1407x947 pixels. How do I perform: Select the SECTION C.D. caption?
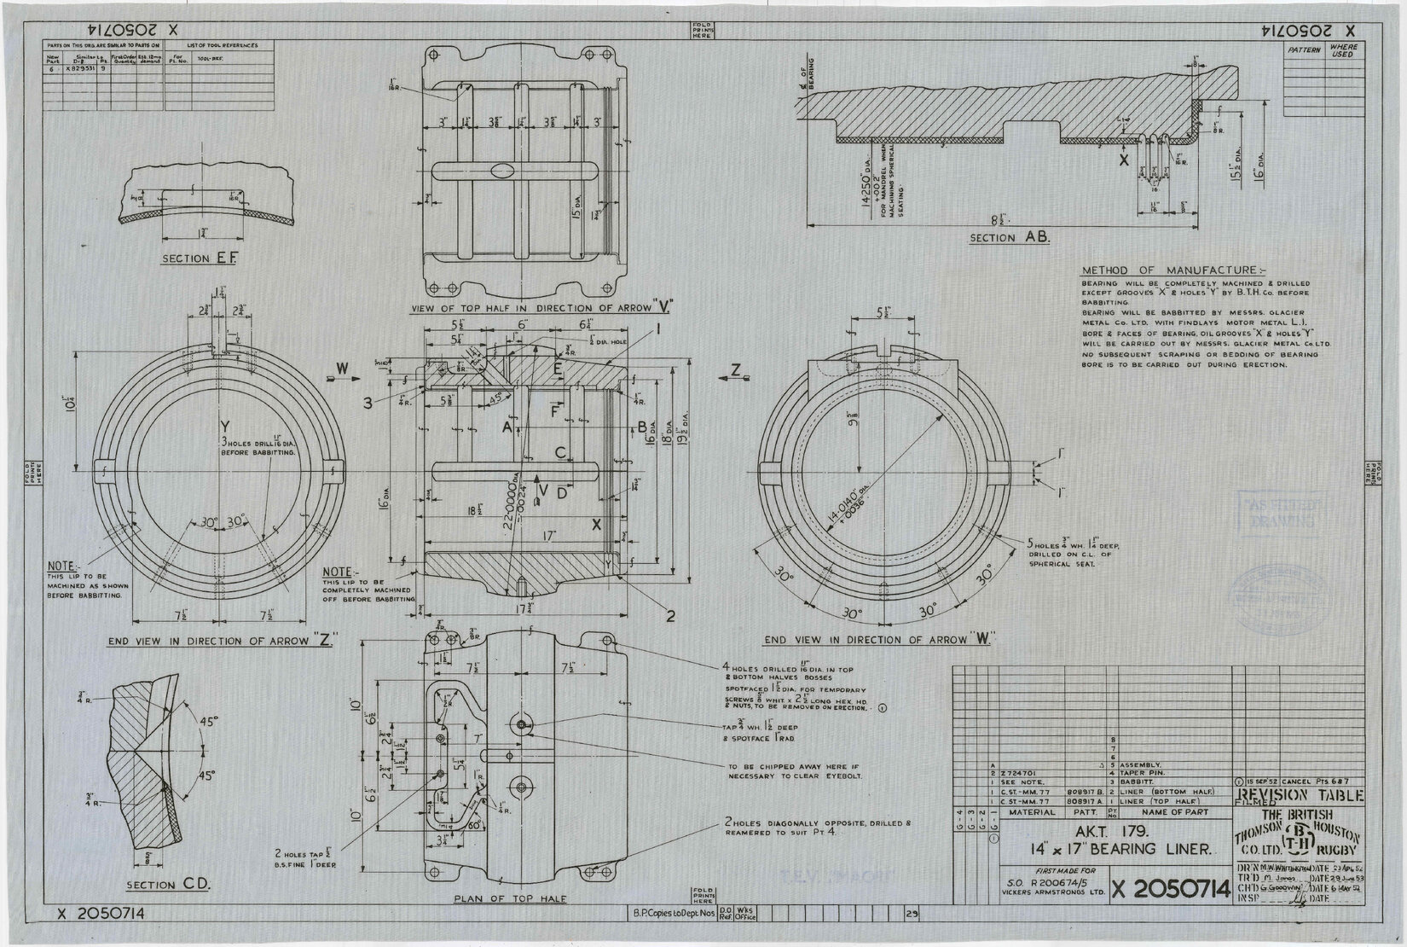[x=174, y=884]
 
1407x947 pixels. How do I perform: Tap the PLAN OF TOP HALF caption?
[x=498, y=898]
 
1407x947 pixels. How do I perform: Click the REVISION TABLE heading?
[x=1299, y=796]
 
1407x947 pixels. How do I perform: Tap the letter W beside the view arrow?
[x=342, y=369]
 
